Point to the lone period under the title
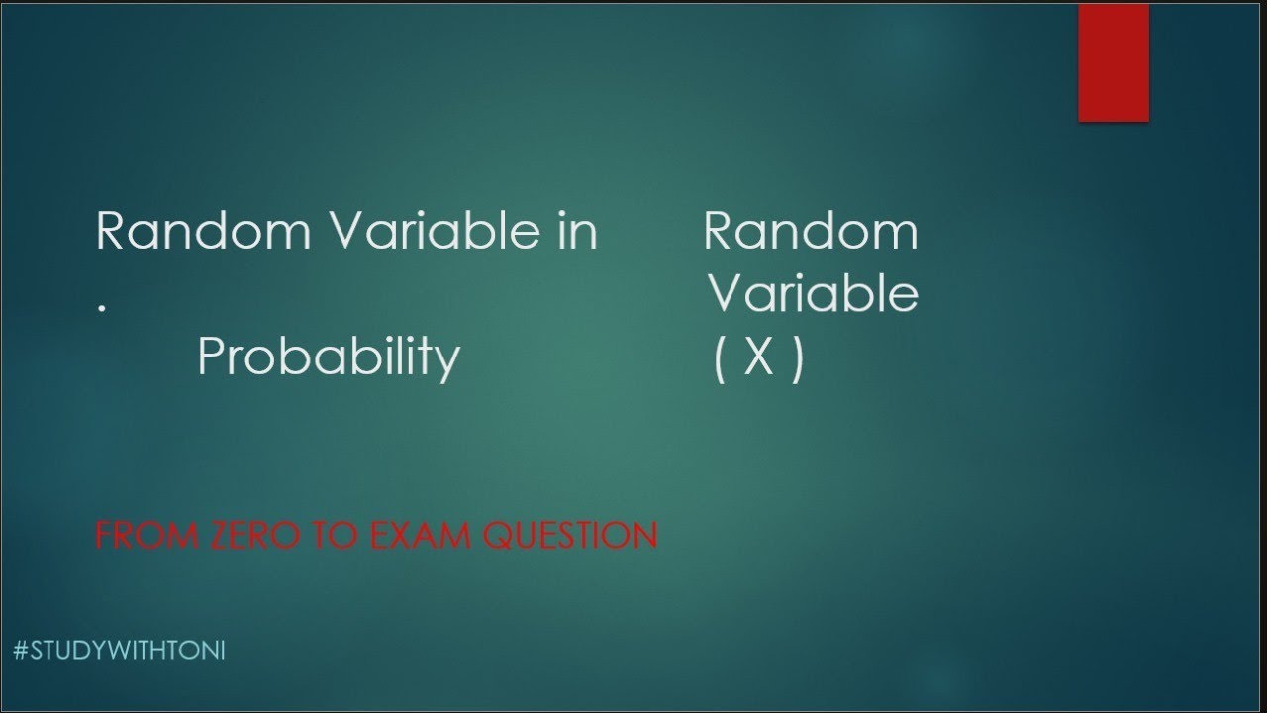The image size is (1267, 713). tap(101, 308)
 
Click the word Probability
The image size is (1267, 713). tap(329, 356)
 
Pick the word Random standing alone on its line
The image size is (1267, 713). tap(811, 232)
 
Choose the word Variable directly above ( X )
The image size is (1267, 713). tap(813, 294)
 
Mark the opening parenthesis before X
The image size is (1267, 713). tap(721, 357)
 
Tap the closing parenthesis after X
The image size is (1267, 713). tap(797, 357)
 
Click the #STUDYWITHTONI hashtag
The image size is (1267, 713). tap(121, 651)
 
